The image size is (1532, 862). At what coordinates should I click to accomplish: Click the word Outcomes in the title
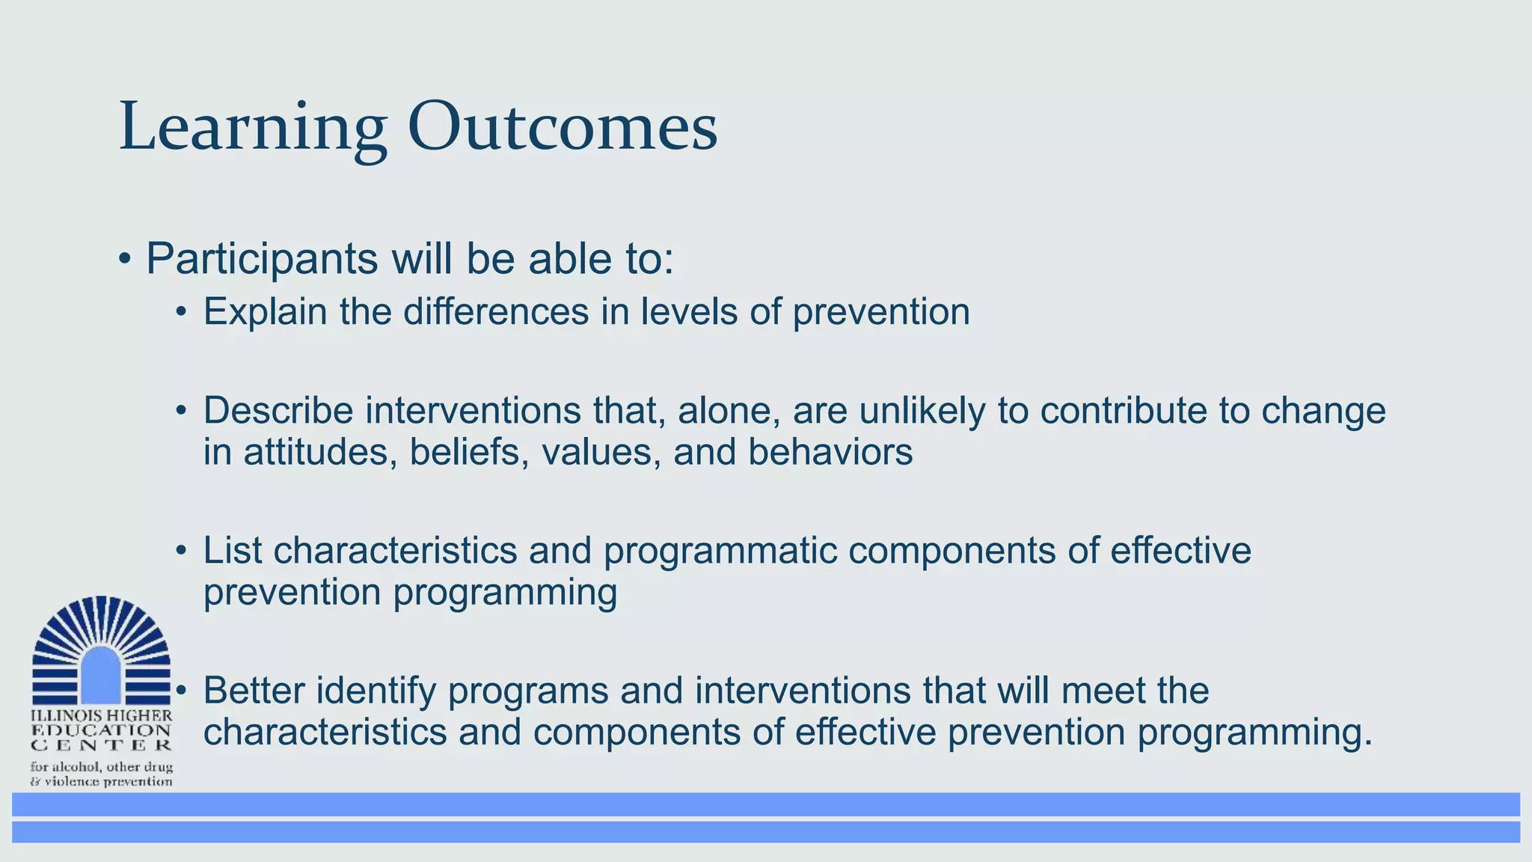click(562, 127)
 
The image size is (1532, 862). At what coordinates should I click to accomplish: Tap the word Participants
click(262, 260)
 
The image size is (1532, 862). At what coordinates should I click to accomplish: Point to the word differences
click(496, 311)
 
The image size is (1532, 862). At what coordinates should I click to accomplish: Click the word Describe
click(278, 411)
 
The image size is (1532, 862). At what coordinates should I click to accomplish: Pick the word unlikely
click(922, 411)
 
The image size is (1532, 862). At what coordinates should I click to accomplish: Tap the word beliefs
click(464, 452)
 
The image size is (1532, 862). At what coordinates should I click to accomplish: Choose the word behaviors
click(830, 452)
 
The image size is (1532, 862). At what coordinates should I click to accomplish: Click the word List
click(233, 551)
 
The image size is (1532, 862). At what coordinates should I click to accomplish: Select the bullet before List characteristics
click(180, 551)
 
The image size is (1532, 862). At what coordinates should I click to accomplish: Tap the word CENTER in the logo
click(101, 745)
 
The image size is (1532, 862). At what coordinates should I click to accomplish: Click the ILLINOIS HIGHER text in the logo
click(101, 716)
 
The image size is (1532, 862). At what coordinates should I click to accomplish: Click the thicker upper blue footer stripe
click(766, 804)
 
